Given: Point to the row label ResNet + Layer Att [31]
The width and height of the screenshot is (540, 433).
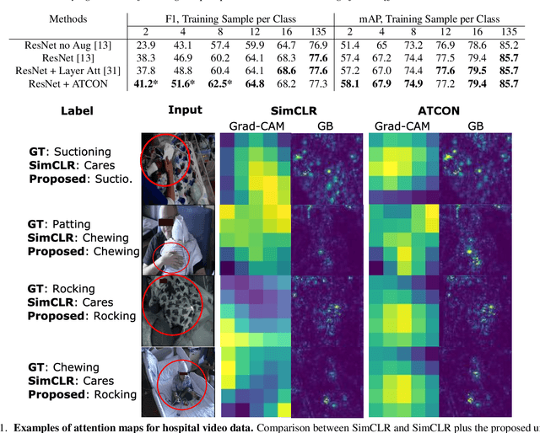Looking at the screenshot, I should [65, 72].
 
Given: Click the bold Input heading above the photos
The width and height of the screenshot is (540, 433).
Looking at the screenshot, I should [185, 110].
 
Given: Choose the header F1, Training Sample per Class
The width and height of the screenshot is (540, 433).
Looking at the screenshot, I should [229, 17].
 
